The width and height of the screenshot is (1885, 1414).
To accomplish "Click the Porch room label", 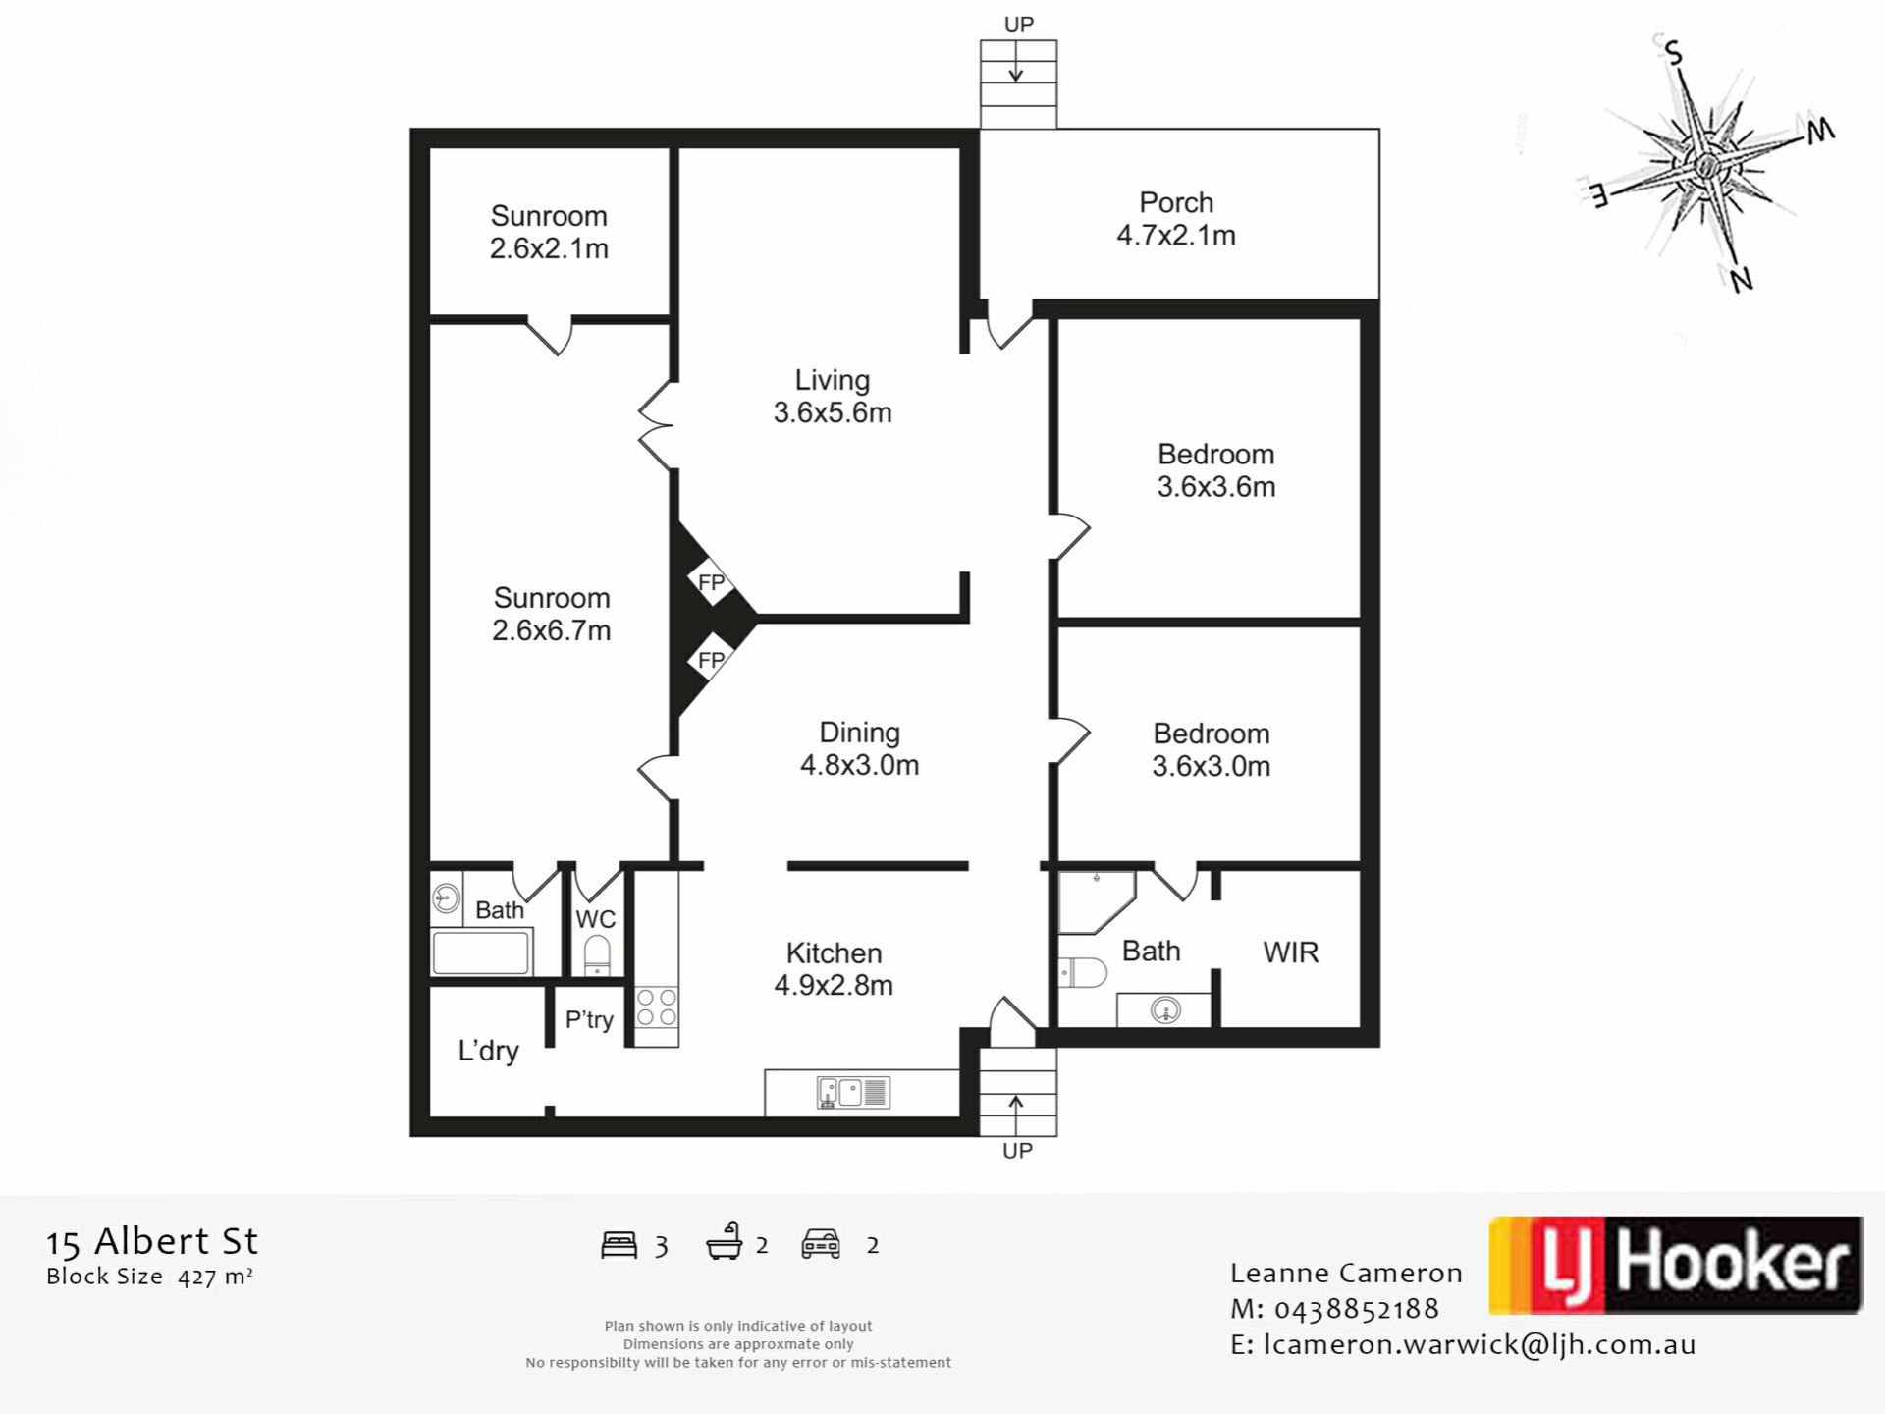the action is click(1176, 202).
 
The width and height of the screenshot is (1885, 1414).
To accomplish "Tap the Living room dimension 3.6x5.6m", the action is click(833, 412).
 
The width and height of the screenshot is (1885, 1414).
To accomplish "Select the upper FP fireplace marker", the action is click(712, 582).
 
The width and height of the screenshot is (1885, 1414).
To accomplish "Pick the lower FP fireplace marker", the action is click(712, 660).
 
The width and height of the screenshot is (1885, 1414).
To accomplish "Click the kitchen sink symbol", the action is click(853, 1093).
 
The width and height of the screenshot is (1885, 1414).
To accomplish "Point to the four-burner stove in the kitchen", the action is click(657, 1007).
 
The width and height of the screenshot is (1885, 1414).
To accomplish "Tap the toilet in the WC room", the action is click(597, 955).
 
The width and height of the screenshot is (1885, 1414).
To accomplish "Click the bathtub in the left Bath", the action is click(481, 952).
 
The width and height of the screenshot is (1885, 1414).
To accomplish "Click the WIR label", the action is click(1291, 952).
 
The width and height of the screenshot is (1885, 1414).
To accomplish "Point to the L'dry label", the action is click(488, 1052).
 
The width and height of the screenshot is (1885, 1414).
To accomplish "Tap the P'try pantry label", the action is click(589, 1020).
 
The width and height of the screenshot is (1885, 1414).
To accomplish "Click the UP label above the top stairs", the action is click(1019, 25).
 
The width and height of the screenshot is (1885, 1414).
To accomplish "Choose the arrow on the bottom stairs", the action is click(1016, 1115).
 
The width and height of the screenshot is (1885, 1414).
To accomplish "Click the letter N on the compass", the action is click(1742, 281).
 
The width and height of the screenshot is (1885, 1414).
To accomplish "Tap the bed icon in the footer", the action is click(619, 1245).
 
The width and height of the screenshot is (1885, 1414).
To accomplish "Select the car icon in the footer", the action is click(821, 1244).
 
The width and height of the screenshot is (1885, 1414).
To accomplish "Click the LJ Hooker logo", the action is click(1676, 1265).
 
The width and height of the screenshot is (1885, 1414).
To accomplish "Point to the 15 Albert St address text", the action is click(152, 1242).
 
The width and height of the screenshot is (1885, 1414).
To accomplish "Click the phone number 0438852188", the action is click(1357, 1309).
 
